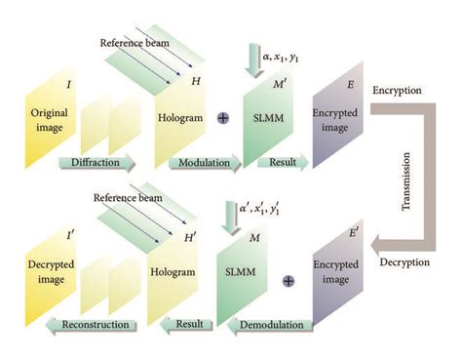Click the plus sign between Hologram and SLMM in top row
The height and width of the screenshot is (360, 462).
(x=222, y=117)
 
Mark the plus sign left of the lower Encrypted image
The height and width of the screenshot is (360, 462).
(x=289, y=281)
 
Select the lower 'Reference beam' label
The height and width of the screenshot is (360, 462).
(x=127, y=198)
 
